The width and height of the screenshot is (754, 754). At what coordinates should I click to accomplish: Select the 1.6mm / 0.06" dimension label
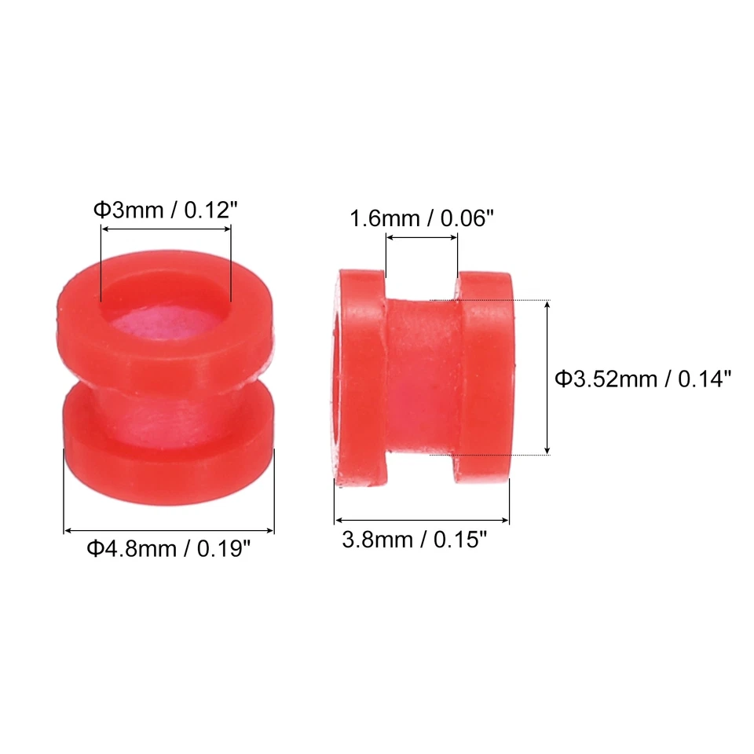point(421,218)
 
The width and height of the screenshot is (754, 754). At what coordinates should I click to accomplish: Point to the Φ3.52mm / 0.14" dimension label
point(643,379)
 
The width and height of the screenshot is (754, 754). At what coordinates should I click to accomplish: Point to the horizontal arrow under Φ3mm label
point(166,229)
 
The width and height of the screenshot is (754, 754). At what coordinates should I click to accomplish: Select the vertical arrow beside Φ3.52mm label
point(547,377)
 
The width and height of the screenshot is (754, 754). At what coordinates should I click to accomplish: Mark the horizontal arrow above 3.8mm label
point(421,520)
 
